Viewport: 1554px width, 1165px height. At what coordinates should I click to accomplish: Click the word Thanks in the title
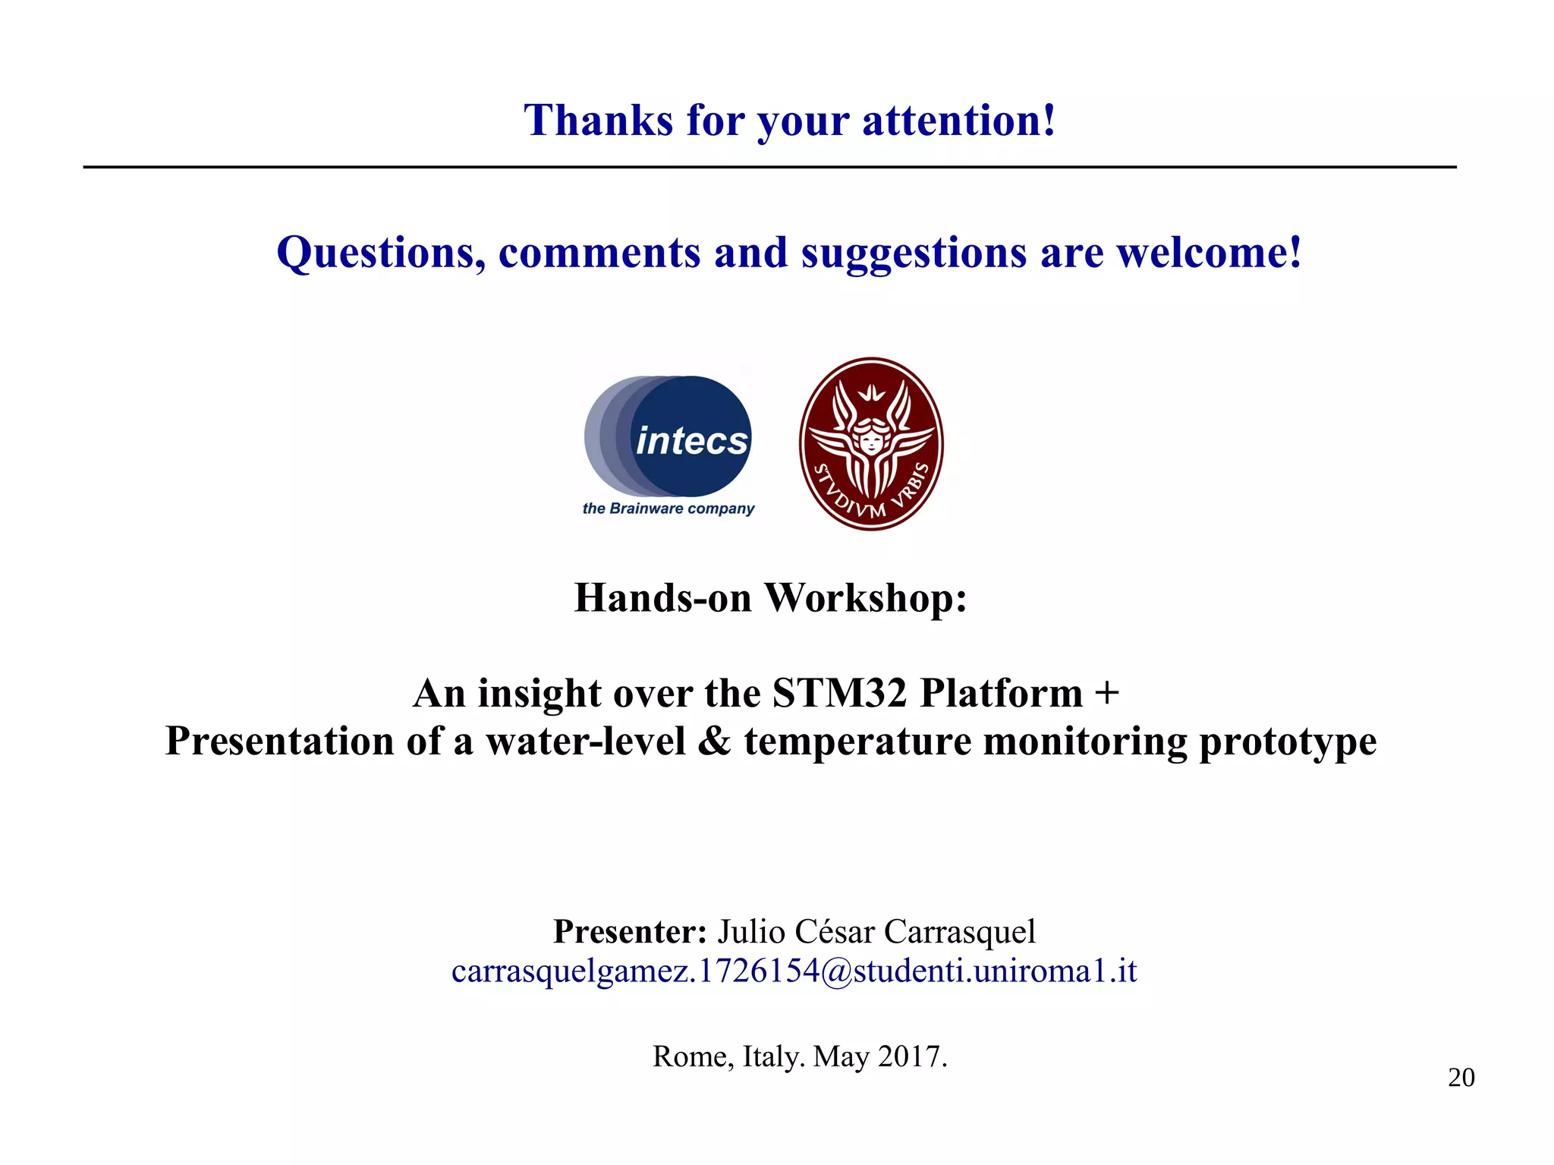(598, 121)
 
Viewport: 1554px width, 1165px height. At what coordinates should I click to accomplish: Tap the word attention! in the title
(959, 121)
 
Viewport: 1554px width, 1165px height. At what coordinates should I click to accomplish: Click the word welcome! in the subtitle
(1210, 253)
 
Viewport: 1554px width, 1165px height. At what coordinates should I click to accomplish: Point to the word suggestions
(914, 254)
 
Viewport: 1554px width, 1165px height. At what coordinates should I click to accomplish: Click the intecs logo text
(691, 440)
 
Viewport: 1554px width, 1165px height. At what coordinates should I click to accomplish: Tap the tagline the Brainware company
(668, 509)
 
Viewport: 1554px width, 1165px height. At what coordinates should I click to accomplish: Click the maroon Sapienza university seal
(871, 443)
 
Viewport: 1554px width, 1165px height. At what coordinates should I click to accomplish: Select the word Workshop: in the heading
(865, 598)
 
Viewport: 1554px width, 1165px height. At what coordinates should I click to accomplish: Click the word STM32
(840, 693)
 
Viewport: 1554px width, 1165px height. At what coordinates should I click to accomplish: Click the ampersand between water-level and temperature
(714, 741)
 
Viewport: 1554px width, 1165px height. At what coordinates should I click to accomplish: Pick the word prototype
(1288, 742)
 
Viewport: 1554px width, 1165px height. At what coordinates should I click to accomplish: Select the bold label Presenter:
(630, 931)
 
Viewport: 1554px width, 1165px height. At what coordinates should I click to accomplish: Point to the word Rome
(693, 1056)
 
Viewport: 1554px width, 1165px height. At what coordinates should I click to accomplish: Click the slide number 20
(1461, 1078)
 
